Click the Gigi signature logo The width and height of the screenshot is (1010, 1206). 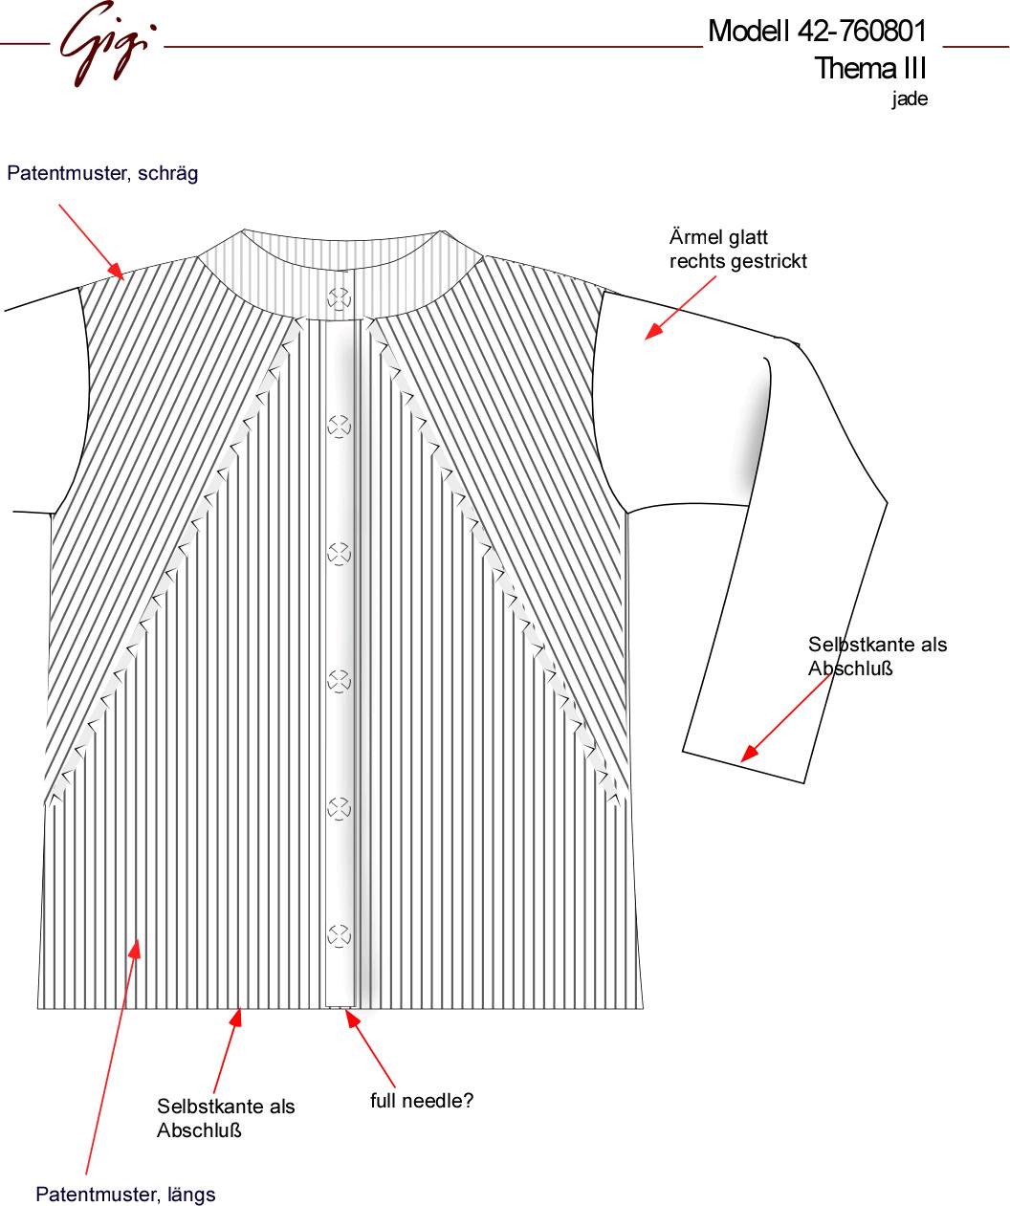107,43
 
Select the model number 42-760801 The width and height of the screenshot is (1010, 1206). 862,31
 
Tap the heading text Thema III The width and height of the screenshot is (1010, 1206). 870,68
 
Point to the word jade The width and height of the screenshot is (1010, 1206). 910,99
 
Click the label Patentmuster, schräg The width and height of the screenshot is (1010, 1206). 102,173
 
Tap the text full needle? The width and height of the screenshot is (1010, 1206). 421,1100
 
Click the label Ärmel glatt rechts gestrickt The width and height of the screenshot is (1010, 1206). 737,249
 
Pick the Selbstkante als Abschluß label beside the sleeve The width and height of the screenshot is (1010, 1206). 877,656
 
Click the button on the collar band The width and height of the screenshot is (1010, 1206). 340,298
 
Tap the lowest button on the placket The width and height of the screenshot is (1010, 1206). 340,935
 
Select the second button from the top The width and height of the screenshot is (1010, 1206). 340,427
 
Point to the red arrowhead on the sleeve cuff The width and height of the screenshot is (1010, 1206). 749,753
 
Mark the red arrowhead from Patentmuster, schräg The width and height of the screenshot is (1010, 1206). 116,272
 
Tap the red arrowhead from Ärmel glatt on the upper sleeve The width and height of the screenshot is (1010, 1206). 653,331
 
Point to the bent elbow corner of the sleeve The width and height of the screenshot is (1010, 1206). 887,502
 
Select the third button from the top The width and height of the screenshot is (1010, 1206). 340,554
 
